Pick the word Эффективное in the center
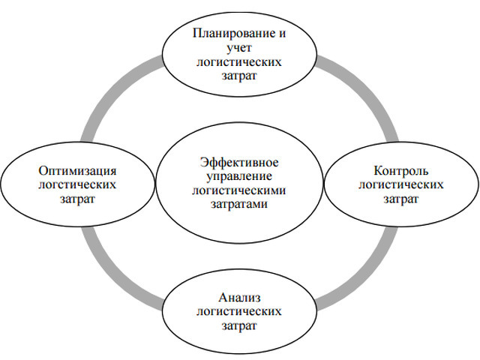(x=240, y=162)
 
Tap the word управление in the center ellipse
(x=240, y=176)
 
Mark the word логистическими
(x=240, y=190)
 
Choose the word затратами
(x=240, y=204)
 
